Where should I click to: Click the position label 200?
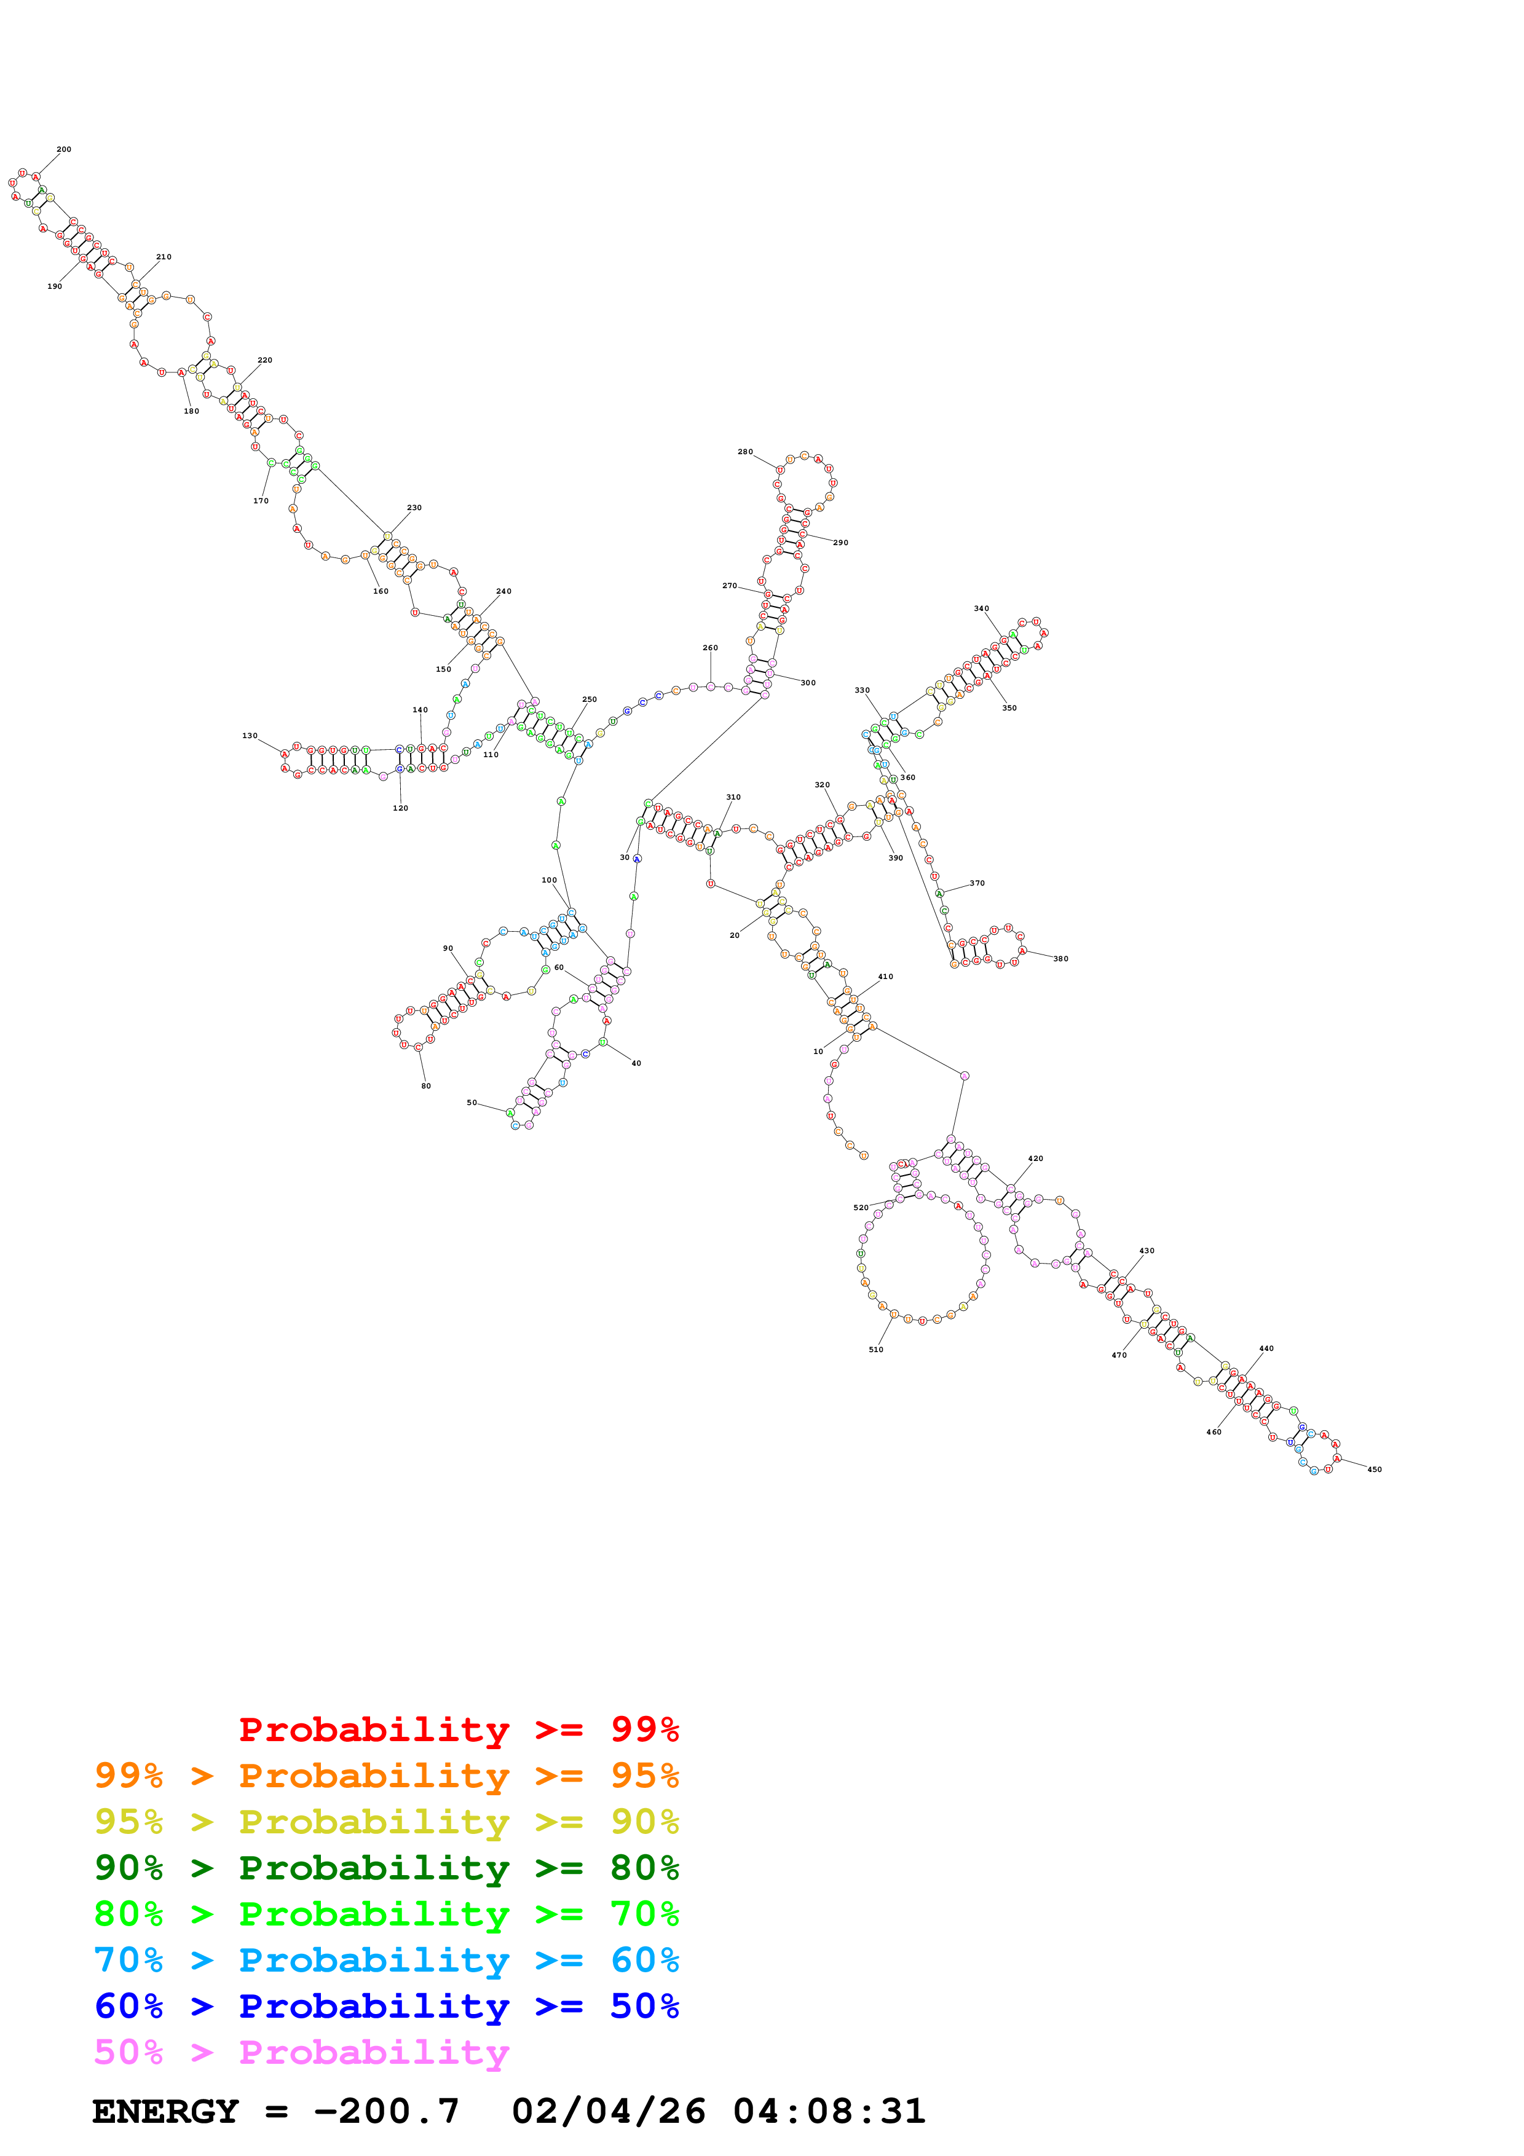[64, 149]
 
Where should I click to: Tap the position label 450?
[1374, 1469]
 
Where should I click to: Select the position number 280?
[744, 452]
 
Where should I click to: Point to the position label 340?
[981, 608]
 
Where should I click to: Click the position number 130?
[250, 736]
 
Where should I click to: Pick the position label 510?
[875, 1350]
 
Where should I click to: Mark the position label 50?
[472, 1103]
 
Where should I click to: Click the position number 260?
[710, 648]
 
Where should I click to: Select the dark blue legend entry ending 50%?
[386, 2006]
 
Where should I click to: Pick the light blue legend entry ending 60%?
[386, 1960]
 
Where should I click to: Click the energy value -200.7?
[386, 2112]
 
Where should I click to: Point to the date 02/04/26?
[609, 2112]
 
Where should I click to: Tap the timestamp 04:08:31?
[829, 2112]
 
